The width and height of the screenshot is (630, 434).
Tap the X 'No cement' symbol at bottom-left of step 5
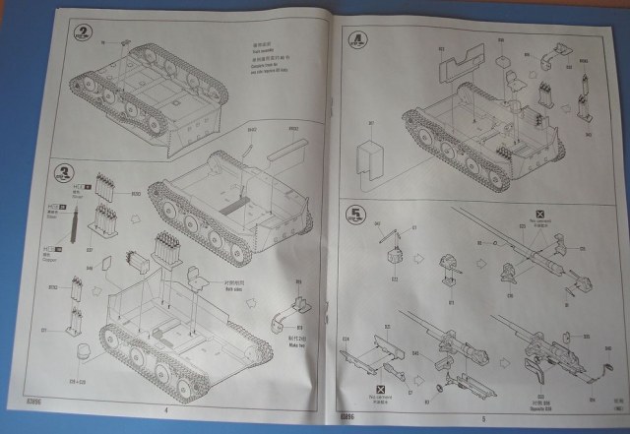[x=381, y=391]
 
